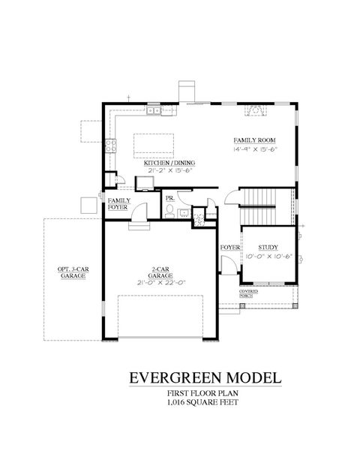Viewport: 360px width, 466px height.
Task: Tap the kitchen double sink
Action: pos(156,112)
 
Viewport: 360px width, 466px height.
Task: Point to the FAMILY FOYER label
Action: pos(118,205)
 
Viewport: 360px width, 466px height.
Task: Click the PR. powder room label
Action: pos(169,200)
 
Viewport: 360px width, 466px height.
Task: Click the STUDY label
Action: pos(268,247)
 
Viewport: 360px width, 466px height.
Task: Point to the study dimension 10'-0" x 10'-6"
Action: pos(268,256)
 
